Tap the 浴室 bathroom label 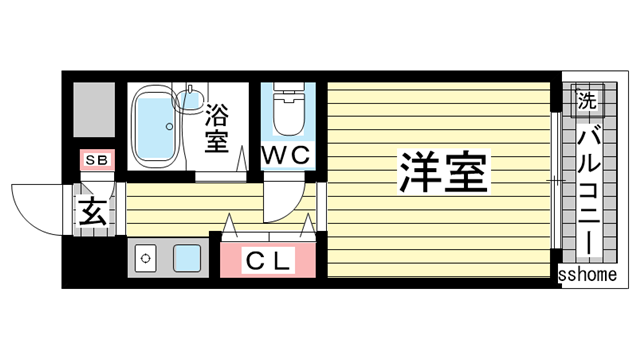[x=216, y=128]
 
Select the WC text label [x=290, y=155]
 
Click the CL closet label [x=269, y=262]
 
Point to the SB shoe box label [x=97, y=160]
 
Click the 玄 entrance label [x=93, y=212]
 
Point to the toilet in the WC [x=289, y=118]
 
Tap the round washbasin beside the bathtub [x=187, y=97]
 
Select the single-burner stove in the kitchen [x=146, y=258]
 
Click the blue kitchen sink [x=187, y=259]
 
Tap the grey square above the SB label [x=96, y=110]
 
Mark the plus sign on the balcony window [x=555, y=180]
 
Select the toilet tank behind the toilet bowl [x=289, y=98]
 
